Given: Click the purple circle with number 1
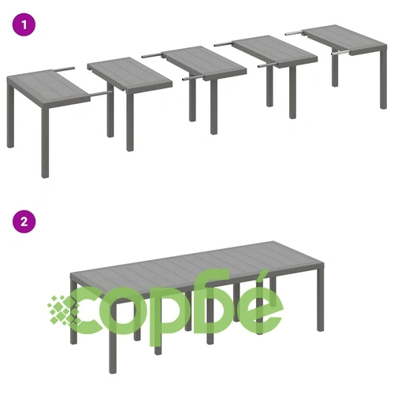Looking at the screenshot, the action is coord(24,24).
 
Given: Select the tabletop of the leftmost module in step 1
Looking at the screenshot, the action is coord(49,84).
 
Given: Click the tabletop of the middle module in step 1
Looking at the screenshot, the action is coord(204,61).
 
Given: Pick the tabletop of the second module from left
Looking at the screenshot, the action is coord(129,72).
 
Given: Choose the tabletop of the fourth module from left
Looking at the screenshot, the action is coord(275,50).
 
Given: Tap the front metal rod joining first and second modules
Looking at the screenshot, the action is coord(102,94).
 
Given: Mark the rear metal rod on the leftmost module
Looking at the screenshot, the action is coord(64,69).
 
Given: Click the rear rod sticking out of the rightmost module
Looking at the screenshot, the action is coord(295,33).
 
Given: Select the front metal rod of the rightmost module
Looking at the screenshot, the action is coord(340,53).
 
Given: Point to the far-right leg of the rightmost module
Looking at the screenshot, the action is coord(384,79).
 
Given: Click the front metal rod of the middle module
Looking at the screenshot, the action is coord(194,77).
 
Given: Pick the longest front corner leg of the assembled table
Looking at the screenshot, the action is coord(113,336).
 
